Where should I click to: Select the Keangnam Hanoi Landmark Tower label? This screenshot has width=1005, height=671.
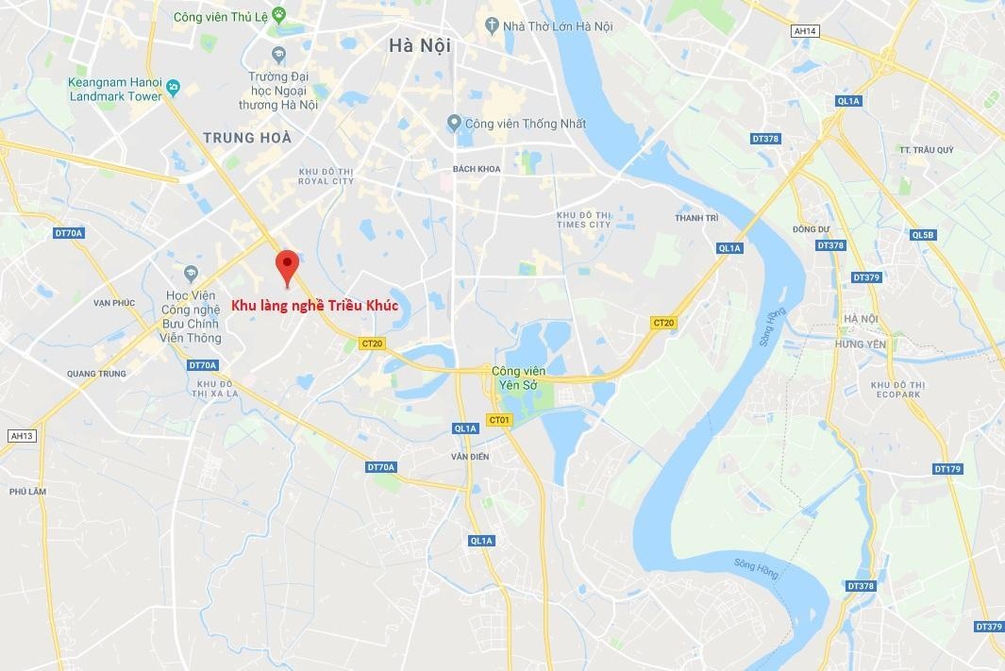(x=115, y=89)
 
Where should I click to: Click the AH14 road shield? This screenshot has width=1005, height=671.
(x=804, y=31)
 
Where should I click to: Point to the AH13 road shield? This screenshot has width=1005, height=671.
(x=21, y=435)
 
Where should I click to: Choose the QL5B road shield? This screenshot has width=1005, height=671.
(x=922, y=235)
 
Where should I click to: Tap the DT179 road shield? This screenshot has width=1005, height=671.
(x=946, y=469)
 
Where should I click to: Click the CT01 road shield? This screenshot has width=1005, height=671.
(x=498, y=419)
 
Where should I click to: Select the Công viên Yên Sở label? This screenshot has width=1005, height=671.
(x=518, y=377)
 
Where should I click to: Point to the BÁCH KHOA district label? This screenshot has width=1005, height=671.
(x=476, y=169)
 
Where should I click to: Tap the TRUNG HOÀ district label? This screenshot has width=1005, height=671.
(x=247, y=138)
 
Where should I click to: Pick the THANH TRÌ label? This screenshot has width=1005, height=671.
(x=696, y=218)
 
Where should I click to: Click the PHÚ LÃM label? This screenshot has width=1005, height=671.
(x=27, y=492)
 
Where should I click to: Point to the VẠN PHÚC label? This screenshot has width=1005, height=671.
(x=114, y=303)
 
